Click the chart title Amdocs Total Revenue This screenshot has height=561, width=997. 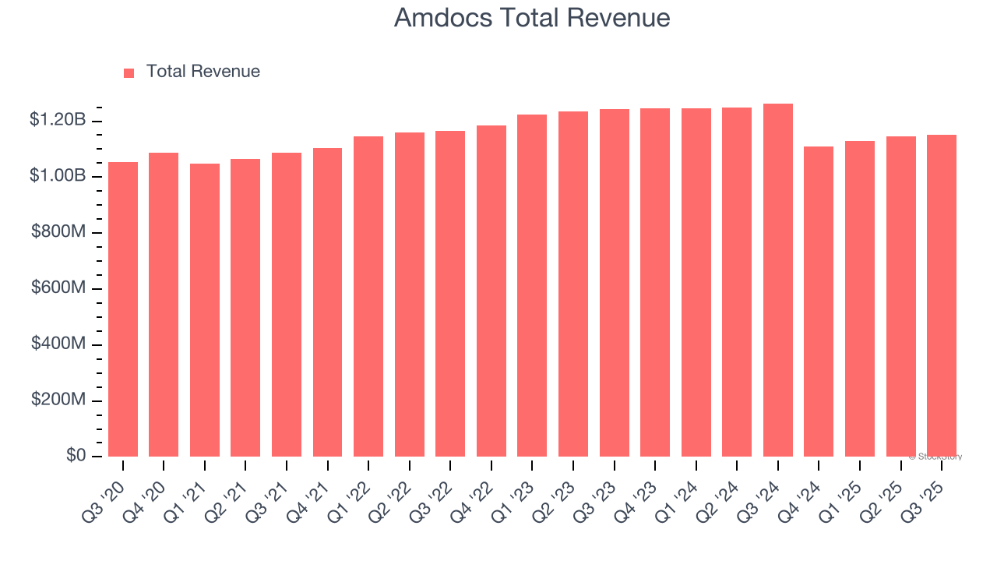(532, 18)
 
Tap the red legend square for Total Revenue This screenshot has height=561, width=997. (129, 72)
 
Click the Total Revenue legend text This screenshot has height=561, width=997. (203, 72)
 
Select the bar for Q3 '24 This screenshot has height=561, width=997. (777, 280)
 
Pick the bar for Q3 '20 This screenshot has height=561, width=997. (123, 309)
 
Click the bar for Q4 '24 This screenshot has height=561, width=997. (819, 302)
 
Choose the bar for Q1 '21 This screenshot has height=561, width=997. (205, 310)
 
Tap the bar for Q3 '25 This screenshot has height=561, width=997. (941, 296)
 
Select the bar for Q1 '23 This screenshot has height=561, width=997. (532, 285)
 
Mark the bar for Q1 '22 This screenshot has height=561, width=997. (368, 296)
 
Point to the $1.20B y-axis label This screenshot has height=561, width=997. (58, 120)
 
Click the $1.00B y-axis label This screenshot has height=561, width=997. (58, 176)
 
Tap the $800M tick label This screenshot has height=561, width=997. (58, 232)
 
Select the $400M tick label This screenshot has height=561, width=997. (58, 344)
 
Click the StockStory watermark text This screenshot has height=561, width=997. (935, 457)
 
